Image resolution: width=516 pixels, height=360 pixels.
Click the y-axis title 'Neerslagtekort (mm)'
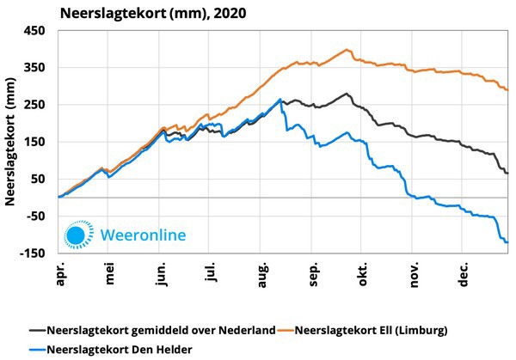click(x=12, y=141)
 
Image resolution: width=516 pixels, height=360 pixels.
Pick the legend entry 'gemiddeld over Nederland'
click(x=160, y=329)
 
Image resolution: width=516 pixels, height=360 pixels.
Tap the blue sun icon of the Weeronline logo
click(x=77, y=234)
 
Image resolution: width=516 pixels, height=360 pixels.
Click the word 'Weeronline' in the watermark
click(x=143, y=234)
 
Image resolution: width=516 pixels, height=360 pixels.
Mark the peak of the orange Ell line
click(x=347, y=49)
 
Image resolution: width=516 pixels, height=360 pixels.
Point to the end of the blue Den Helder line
click(x=507, y=242)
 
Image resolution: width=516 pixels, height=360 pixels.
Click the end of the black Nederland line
click(x=507, y=173)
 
